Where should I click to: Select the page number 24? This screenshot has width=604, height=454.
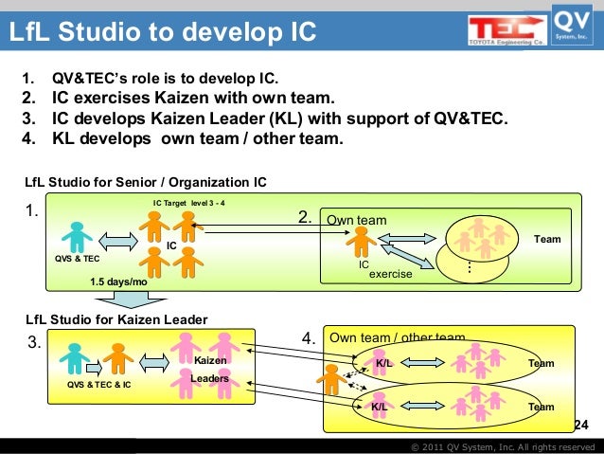(581, 424)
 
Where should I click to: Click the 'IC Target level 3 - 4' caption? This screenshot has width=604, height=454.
(188, 203)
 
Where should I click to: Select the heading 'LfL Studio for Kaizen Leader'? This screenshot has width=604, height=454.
(115, 319)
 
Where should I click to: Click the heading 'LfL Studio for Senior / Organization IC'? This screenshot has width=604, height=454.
(146, 182)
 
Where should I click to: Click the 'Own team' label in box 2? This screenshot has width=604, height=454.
(357, 221)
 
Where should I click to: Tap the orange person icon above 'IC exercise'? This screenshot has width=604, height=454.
(359, 241)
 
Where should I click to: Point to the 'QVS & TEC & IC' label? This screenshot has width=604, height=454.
(99, 386)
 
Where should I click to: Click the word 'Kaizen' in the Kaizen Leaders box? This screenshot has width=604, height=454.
(210, 361)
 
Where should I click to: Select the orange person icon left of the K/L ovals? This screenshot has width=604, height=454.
(332, 379)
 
